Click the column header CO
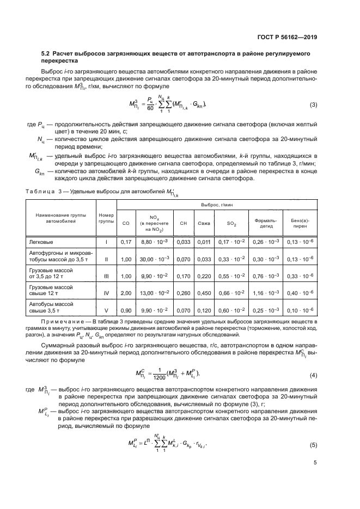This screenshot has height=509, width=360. click(126, 223)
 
